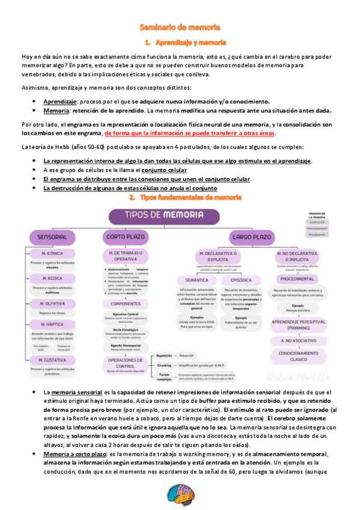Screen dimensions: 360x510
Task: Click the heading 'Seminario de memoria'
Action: coord(180,28)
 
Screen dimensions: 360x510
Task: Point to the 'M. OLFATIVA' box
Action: coord(52,304)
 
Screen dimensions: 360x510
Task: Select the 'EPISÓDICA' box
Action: coord(241,280)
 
